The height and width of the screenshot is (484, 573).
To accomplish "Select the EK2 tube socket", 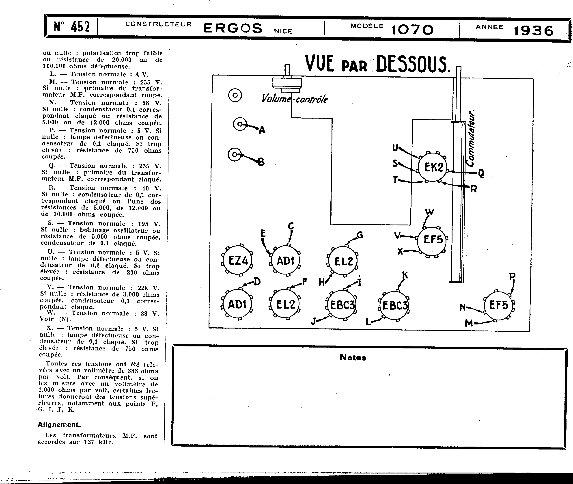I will tap(433, 167).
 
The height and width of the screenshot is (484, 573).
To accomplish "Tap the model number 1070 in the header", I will tap(412, 30).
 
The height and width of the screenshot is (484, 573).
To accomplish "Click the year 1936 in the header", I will tap(533, 30).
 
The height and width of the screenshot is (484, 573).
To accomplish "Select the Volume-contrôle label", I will tap(294, 99).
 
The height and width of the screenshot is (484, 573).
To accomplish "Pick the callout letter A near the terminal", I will tap(262, 130).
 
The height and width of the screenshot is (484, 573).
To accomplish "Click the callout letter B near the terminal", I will tap(261, 162).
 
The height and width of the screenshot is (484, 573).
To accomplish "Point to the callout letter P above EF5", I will tap(512, 276).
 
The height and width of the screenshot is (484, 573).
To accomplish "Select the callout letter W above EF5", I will tap(430, 212).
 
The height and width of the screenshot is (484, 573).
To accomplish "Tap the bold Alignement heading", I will tap(59, 425).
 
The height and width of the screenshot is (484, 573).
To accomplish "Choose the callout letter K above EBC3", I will tap(405, 275).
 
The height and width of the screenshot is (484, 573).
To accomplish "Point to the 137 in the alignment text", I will tap(89, 442).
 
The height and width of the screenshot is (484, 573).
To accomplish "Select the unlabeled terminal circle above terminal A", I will tap(235, 95).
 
